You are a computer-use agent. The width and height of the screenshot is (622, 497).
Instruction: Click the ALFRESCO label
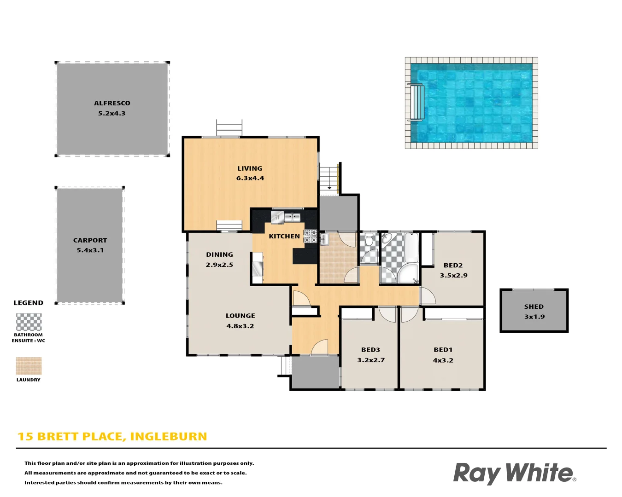click(x=112, y=103)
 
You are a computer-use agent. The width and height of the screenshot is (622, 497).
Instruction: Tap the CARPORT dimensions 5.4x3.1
click(x=90, y=250)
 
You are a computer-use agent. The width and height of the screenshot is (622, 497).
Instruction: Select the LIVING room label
click(x=250, y=168)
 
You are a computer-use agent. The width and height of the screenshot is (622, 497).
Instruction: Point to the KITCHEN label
click(x=284, y=236)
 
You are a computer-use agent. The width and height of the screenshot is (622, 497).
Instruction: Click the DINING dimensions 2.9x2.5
click(x=219, y=265)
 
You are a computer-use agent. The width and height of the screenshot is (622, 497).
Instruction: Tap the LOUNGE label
click(x=240, y=316)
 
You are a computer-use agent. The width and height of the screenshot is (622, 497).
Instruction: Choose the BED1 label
click(x=443, y=350)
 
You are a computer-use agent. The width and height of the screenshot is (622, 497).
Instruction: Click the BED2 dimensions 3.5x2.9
click(x=453, y=275)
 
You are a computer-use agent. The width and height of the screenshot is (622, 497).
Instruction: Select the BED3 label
click(x=370, y=350)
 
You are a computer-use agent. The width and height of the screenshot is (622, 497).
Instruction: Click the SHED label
click(x=534, y=306)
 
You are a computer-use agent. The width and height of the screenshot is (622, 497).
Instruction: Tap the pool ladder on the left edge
click(x=417, y=102)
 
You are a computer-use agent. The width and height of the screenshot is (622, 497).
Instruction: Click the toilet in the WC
click(x=369, y=240)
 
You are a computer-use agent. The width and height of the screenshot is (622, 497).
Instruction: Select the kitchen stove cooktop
click(x=310, y=236)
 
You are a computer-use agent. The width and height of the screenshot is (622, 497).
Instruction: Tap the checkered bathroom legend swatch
click(x=29, y=322)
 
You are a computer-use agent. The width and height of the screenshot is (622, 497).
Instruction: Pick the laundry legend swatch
click(x=29, y=366)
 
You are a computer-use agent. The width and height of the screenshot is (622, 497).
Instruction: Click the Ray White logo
click(x=514, y=473)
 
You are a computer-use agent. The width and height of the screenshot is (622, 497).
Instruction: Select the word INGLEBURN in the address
click(x=169, y=436)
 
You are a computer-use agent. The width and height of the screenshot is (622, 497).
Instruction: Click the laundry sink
click(x=324, y=238)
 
